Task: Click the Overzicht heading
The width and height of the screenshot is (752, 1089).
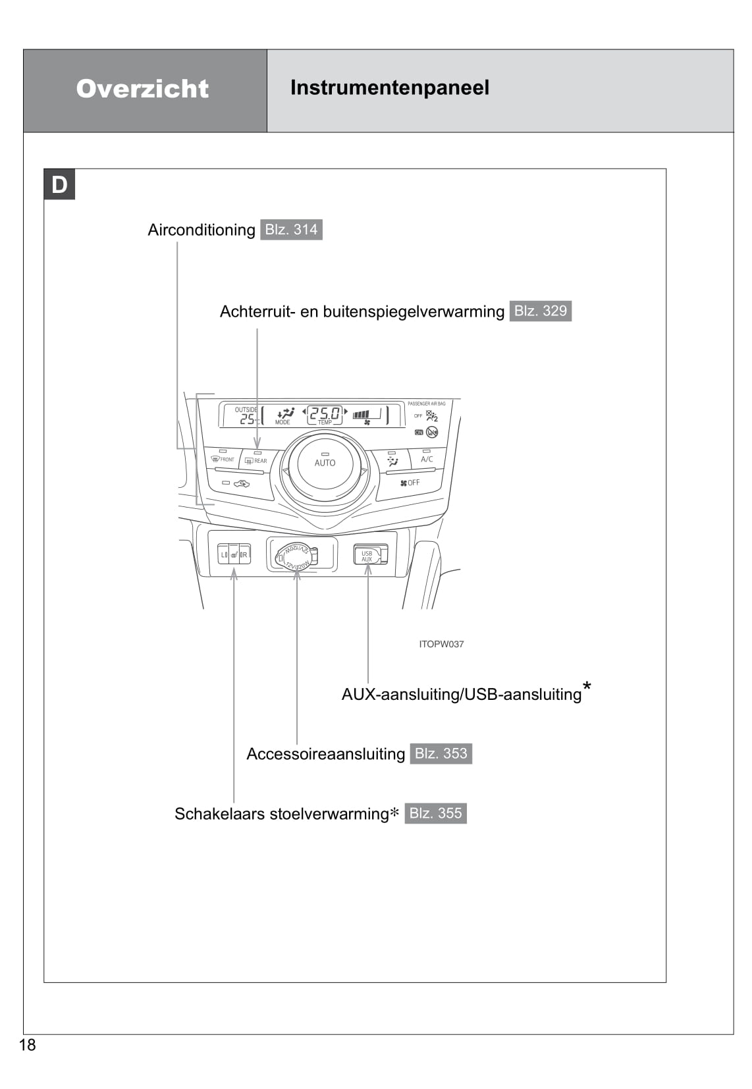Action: coord(142,89)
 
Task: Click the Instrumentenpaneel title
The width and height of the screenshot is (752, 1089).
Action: coord(389,88)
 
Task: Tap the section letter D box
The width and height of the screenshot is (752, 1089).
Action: coord(59,185)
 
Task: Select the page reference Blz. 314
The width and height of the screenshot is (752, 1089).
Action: coord(291,230)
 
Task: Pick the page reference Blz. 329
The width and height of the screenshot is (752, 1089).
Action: coord(540,311)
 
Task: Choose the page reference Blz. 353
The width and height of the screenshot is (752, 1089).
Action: coord(441,753)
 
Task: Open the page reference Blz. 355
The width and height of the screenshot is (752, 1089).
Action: coord(435,813)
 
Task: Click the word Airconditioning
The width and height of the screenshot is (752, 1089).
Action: coord(201,230)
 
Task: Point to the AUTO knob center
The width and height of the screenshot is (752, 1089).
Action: coord(325,463)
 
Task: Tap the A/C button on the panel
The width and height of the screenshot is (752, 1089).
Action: coord(427,458)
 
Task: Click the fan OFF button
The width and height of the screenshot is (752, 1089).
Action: coord(410,483)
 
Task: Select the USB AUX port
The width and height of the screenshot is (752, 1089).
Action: coord(367,555)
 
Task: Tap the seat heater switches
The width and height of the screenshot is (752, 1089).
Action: coord(234,554)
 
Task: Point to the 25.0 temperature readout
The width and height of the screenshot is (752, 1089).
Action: coord(325,413)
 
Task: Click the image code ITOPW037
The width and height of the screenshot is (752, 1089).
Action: coord(441,644)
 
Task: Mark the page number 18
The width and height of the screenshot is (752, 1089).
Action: coord(28,1045)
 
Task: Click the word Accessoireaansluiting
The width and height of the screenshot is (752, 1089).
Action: coord(325,754)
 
